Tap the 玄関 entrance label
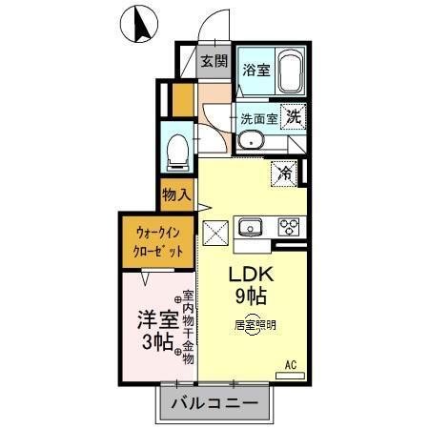(x=214, y=62)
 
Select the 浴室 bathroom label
(x=255, y=69)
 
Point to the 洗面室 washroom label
(x=258, y=119)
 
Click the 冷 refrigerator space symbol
(x=284, y=174)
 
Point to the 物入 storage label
(x=176, y=195)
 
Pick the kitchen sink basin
(x=253, y=227)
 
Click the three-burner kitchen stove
(x=287, y=227)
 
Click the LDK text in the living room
(x=251, y=275)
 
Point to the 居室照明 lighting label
(x=255, y=324)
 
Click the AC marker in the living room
(x=292, y=363)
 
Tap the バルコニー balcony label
(x=214, y=404)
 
